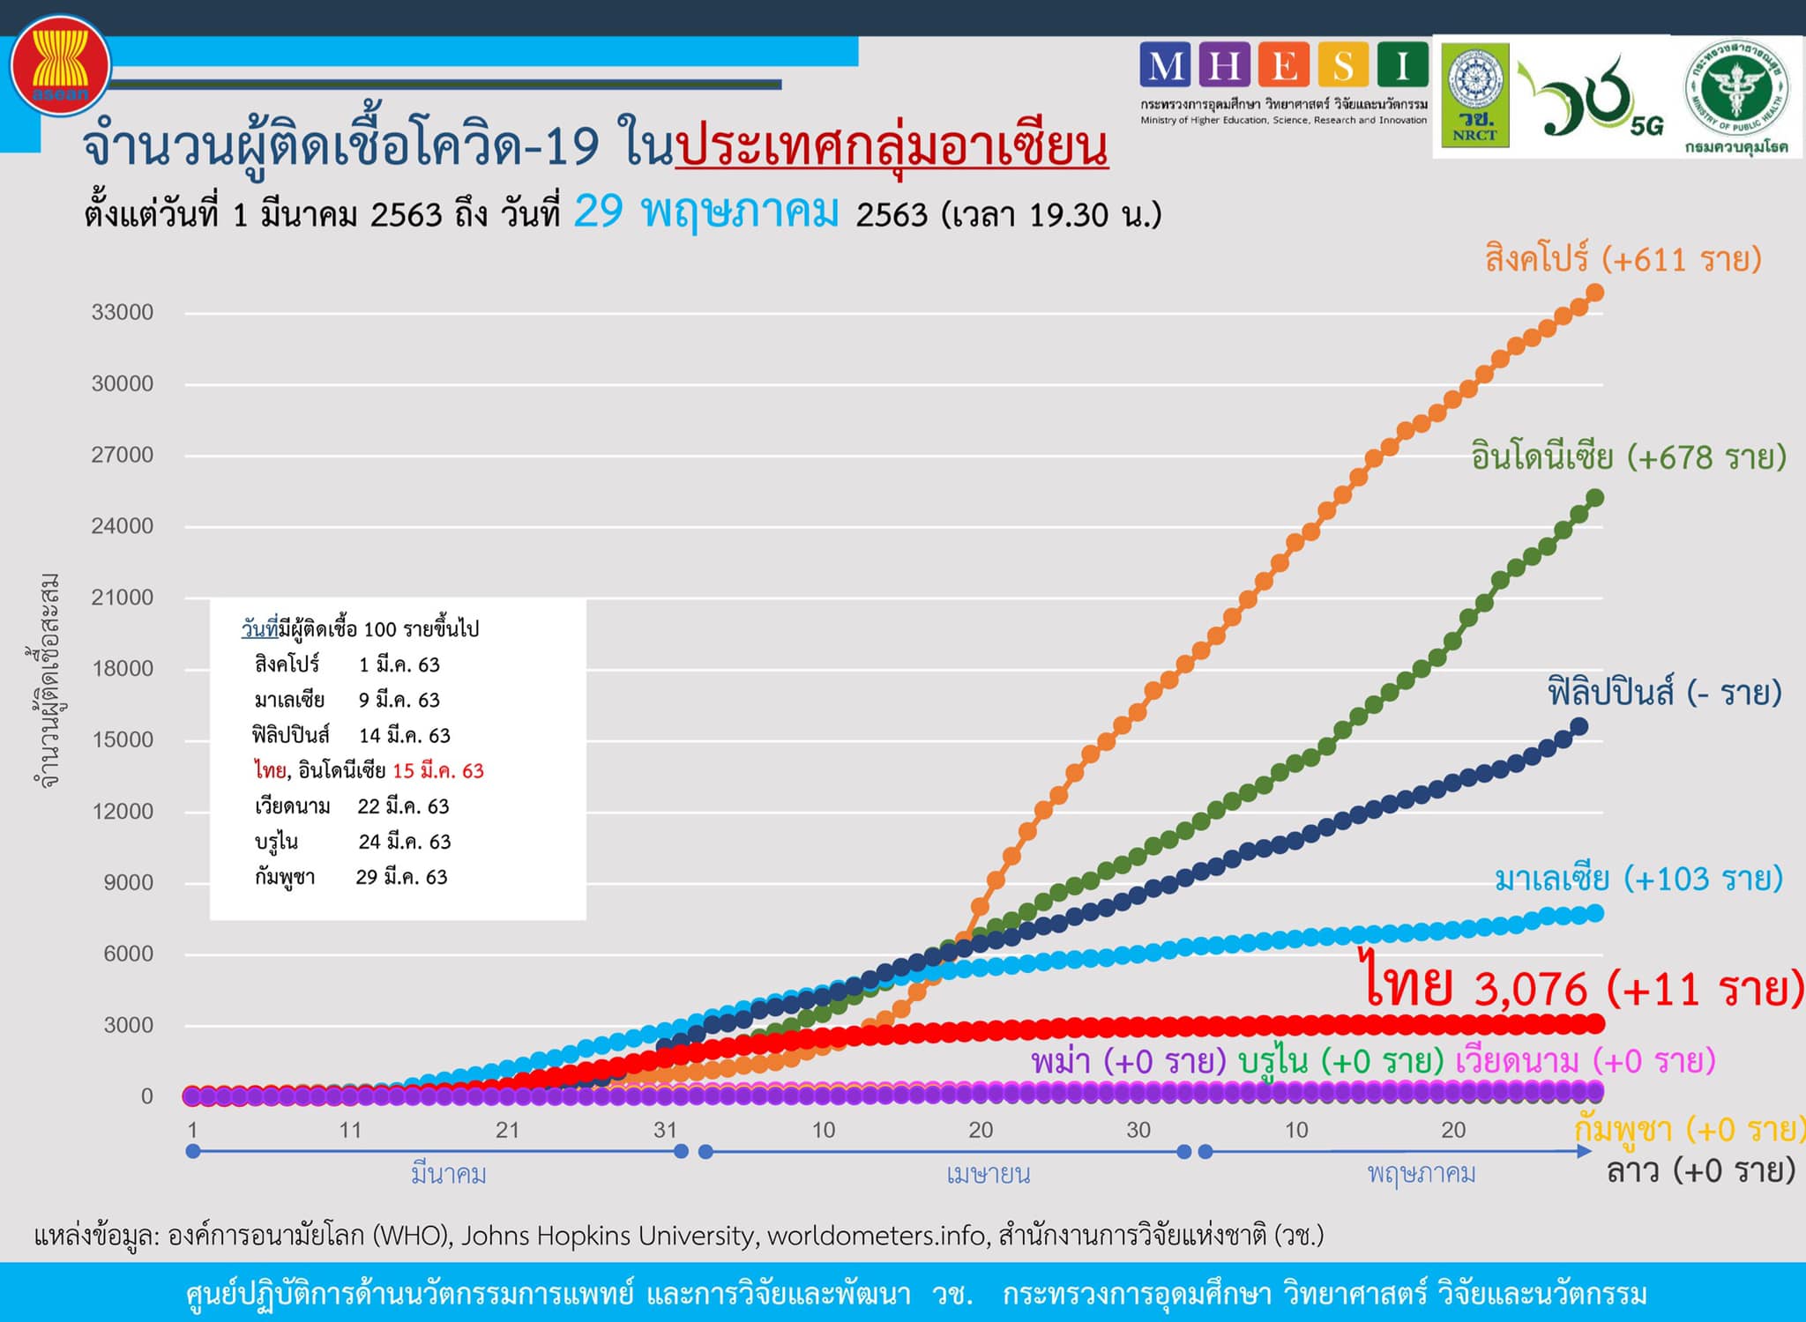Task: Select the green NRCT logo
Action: (1474, 95)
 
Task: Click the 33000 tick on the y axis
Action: (123, 312)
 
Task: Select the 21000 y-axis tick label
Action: (123, 598)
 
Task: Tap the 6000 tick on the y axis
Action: (128, 954)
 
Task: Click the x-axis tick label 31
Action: (665, 1130)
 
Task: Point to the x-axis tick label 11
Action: (350, 1130)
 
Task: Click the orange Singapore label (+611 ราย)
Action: (1623, 259)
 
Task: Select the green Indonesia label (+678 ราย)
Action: (1628, 457)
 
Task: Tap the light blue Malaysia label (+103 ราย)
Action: (1638, 879)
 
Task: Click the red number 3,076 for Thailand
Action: (1531, 989)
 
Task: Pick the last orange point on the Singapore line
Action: (1594, 293)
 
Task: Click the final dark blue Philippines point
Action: (1578, 727)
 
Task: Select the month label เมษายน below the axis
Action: (988, 1174)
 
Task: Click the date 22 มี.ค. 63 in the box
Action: (403, 806)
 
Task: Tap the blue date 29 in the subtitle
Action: (598, 212)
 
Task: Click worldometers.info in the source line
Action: (875, 1236)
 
